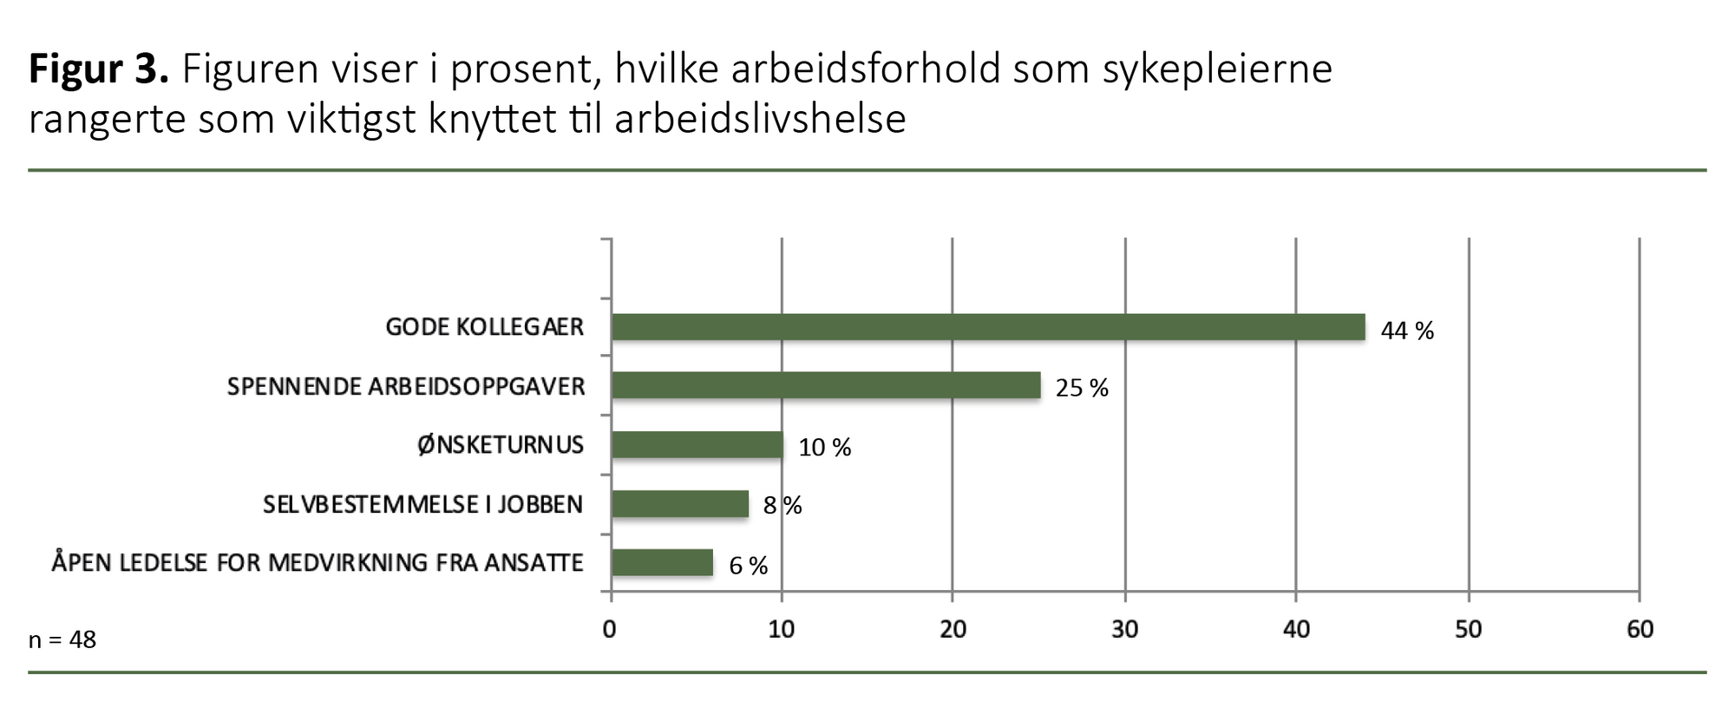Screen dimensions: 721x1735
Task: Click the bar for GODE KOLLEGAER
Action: click(x=987, y=327)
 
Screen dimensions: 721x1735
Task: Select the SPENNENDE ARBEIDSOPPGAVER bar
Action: click(x=825, y=385)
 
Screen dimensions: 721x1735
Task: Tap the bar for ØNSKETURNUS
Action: click(x=697, y=445)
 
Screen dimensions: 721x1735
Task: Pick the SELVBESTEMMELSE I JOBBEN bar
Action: click(x=679, y=504)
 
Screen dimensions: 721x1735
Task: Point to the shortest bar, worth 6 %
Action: click(x=662, y=563)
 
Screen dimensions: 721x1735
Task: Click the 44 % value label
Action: click(x=1406, y=331)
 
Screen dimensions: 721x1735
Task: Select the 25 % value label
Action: click(x=1081, y=388)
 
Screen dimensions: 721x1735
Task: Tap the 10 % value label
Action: click(x=824, y=448)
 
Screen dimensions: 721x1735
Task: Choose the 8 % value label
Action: click(x=782, y=506)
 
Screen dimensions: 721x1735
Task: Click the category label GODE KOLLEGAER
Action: click(x=484, y=327)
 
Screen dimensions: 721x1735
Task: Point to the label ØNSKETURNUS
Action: click(x=500, y=445)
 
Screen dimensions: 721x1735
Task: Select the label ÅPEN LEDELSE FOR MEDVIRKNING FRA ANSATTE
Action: click(x=317, y=563)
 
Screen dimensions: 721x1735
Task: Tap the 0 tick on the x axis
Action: click(x=610, y=629)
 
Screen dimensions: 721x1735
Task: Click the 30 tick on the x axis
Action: click(x=1124, y=629)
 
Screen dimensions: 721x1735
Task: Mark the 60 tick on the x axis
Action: click(x=1640, y=629)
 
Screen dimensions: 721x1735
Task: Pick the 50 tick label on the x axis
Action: click(x=1468, y=629)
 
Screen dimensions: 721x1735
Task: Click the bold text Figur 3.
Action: click(x=98, y=69)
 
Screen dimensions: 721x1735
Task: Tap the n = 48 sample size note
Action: click(x=62, y=640)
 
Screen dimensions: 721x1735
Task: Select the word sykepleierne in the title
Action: click(x=1216, y=69)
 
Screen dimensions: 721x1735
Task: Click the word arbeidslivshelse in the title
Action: click(x=760, y=119)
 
